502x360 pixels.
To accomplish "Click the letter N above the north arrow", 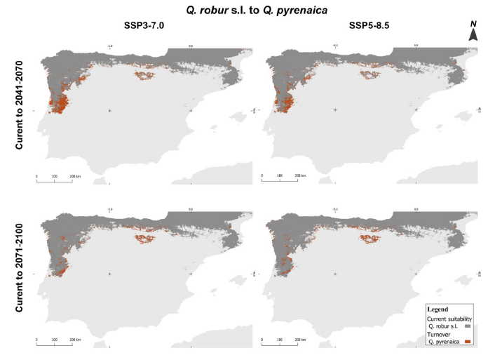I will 473,25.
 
